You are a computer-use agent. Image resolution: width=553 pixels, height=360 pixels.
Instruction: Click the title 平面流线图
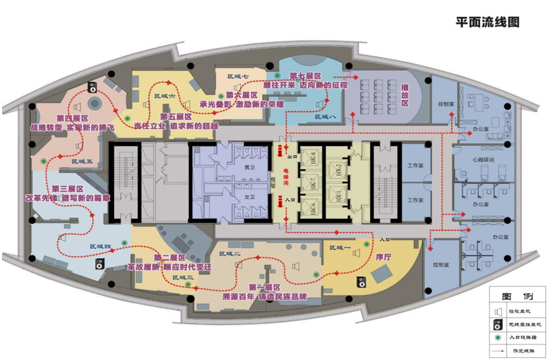point(488,21)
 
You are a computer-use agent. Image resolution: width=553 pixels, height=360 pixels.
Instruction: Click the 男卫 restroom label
point(248,167)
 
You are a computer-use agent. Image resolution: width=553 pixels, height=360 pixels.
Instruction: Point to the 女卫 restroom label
point(248,197)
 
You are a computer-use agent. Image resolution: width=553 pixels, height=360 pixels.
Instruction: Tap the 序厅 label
point(383,257)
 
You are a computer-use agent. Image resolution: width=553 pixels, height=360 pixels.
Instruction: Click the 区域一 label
point(340,248)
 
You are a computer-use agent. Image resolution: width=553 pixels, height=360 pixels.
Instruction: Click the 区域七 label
point(238,76)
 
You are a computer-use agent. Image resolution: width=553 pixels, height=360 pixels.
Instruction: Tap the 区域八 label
point(325,118)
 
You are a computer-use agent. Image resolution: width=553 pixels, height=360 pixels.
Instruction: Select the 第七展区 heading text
point(305,76)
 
